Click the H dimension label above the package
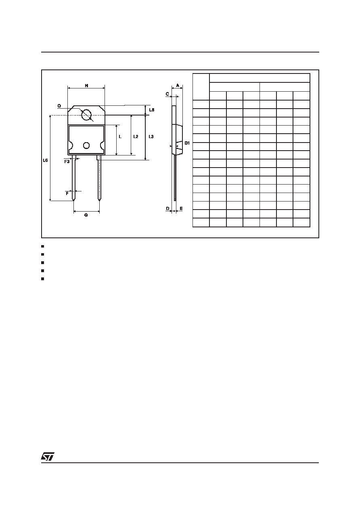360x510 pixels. point(86,86)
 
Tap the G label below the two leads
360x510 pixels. point(86,215)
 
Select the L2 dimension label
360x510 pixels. point(136,136)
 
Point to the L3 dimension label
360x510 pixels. point(151,136)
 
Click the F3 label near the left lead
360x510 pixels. point(67,162)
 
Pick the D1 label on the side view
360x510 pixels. point(187,143)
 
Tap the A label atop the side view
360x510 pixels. point(178,86)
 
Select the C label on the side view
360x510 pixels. point(167,94)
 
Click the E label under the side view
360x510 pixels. point(181,208)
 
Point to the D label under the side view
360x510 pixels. point(167,208)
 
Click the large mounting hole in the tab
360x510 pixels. point(86,115)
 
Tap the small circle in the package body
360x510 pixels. point(86,145)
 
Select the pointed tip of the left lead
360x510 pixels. point(73,201)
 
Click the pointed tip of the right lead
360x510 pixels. point(99,201)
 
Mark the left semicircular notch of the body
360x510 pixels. point(71,145)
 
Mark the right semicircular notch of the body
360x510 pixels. point(102,145)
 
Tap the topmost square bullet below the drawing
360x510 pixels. point(42,246)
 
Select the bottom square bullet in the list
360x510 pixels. point(42,279)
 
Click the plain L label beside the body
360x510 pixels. point(120,136)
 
